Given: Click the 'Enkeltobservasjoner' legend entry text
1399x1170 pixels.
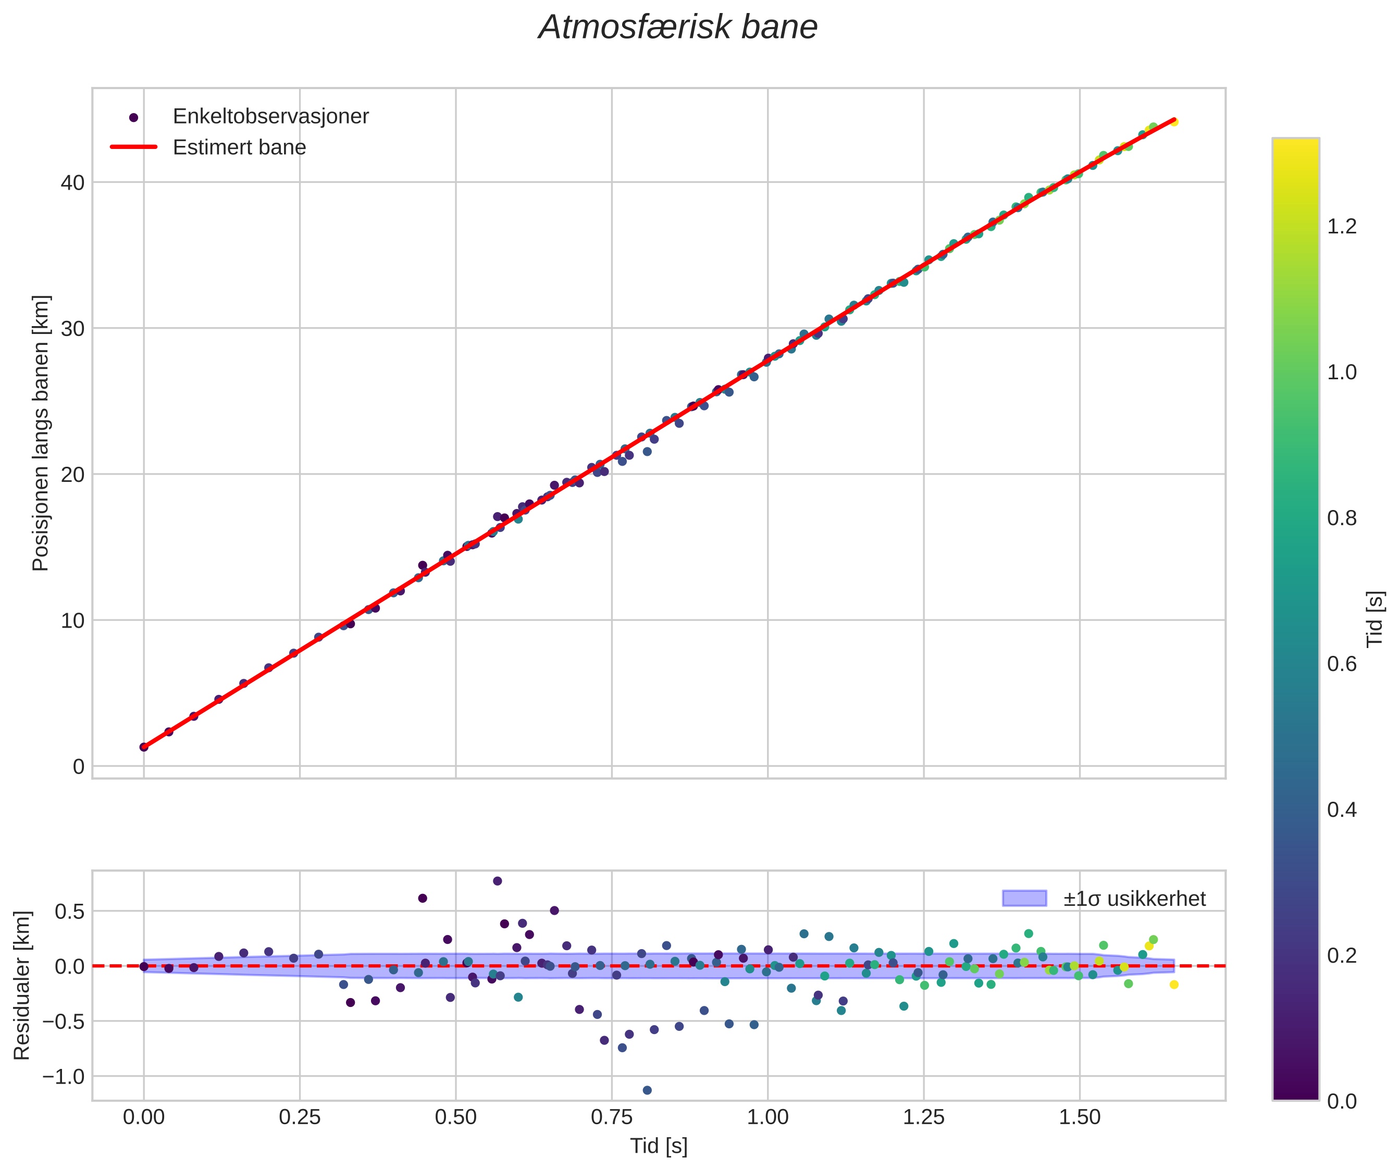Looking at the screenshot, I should tap(270, 117).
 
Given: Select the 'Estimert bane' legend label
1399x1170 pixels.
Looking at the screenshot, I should tap(239, 147).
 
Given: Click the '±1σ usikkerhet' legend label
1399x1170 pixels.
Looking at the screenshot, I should tap(1134, 899).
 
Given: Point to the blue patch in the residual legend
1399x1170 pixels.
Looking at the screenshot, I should tap(1024, 898).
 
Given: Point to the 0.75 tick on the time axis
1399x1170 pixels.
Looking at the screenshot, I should tap(612, 1117).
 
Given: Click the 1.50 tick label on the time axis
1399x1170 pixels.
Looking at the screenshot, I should tap(1079, 1117).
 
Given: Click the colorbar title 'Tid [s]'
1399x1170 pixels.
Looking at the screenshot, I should tap(1375, 619).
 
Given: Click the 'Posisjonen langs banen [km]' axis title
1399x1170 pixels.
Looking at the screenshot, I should tap(41, 433).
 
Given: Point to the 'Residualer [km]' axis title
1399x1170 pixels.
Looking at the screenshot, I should tap(22, 986).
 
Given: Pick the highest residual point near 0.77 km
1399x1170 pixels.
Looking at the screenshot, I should tap(497, 881).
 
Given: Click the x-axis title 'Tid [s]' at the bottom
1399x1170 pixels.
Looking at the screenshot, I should tap(658, 1146).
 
